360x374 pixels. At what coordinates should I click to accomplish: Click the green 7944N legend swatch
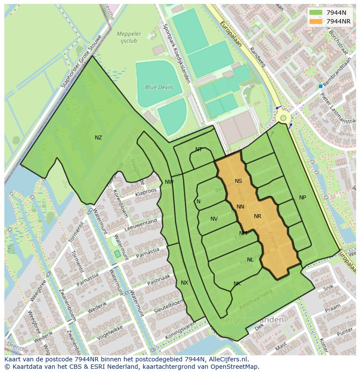point(316,13)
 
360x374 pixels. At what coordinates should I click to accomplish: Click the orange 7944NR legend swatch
point(316,21)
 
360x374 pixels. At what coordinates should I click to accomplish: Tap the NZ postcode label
point(98,138)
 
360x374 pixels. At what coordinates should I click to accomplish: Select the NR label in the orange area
point(257,216)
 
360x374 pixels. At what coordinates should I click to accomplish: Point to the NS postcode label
point(238,181)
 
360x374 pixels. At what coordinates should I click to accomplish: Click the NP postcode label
point(303,198)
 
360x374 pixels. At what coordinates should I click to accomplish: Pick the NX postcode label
point(184,283)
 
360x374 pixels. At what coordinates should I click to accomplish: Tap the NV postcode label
point(214,219)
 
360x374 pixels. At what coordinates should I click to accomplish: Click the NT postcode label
point(199,149)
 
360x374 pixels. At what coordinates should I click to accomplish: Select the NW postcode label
point(169,182)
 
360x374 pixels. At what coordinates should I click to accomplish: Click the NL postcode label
point(250,260)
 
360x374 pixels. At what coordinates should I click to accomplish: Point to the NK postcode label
point(237,284)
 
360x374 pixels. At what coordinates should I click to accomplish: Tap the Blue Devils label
point(159,87)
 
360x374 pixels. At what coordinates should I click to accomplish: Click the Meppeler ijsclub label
point(129,37)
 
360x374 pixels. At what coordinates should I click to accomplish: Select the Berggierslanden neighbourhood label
point(252,320)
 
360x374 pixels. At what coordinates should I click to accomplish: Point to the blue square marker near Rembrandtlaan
point(321,86)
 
